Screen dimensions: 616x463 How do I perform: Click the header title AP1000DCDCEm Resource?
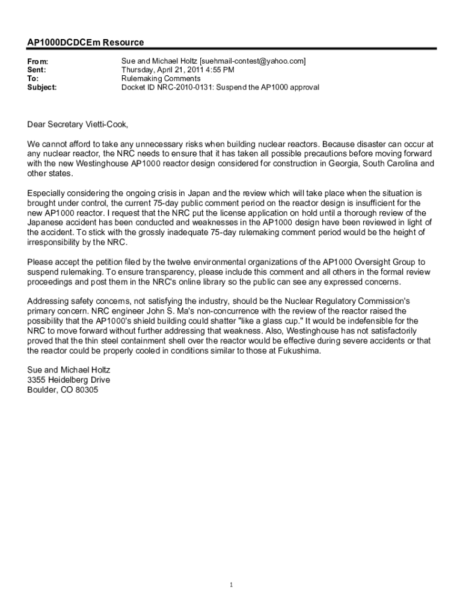(85, 43)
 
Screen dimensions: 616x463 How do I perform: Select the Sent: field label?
(37, 70)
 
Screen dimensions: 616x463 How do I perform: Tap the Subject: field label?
(42, 87)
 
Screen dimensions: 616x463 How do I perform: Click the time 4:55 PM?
(220, 70)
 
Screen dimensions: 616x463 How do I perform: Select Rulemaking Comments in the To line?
(161, 79)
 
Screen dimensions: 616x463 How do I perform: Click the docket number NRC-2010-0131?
(183, 87)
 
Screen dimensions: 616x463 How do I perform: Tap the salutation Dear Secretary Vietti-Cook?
(78, 125)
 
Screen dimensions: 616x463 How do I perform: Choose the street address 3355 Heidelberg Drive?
(69, 380)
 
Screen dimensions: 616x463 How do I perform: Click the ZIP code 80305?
(86, 390)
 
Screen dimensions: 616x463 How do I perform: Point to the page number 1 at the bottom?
(231, 585)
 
